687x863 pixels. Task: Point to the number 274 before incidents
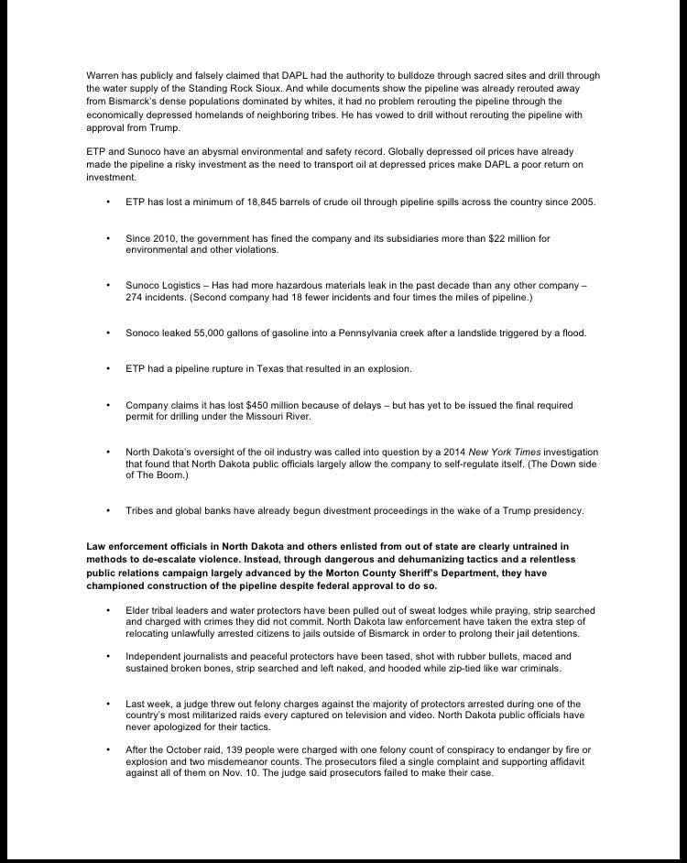134,298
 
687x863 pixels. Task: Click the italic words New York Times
503,452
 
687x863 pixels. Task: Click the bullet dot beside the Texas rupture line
108,368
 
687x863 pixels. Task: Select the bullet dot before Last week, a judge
108,704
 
